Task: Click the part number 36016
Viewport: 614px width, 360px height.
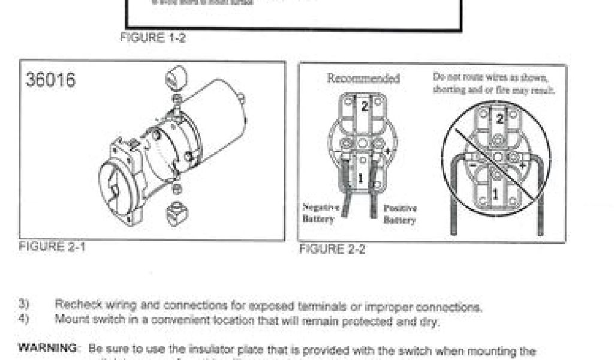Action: pyautogui.click(x=51, y=80)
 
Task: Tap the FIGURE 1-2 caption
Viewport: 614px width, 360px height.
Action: pyautogui.click(x=153, y=37)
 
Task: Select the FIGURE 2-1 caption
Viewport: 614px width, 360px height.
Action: pyautogui.click(x=52, y=247)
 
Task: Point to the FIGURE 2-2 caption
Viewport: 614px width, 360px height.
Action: pyautogui.click(x=332, y=249)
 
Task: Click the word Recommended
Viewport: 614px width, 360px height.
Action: pyautogui.click(x=363, y=78)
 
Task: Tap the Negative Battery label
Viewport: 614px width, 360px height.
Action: pyautogui.click(x=321, y=214)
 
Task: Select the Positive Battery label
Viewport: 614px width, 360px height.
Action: pyautogui.click(x=400, y=214)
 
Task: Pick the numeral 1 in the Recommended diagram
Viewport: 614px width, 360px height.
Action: pyautogui.click(x=360, y=178)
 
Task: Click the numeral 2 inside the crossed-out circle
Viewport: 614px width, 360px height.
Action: pyautogui.click(x=500, y=119)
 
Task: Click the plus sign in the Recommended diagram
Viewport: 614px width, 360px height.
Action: pyautogui.click(x=387, y=152)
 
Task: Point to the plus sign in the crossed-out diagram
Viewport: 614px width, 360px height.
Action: pyautogui.click(x=522, y=166)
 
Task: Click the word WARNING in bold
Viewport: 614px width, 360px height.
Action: pyautogui.click(x=48, y=347)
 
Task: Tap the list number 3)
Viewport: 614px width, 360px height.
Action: pyautogui.click(x=23, y=304)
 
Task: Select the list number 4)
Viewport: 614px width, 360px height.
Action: pyautogui.click(x=23, y=319)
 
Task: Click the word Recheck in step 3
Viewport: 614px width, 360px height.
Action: pyautogui.click(x=76, y=305)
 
